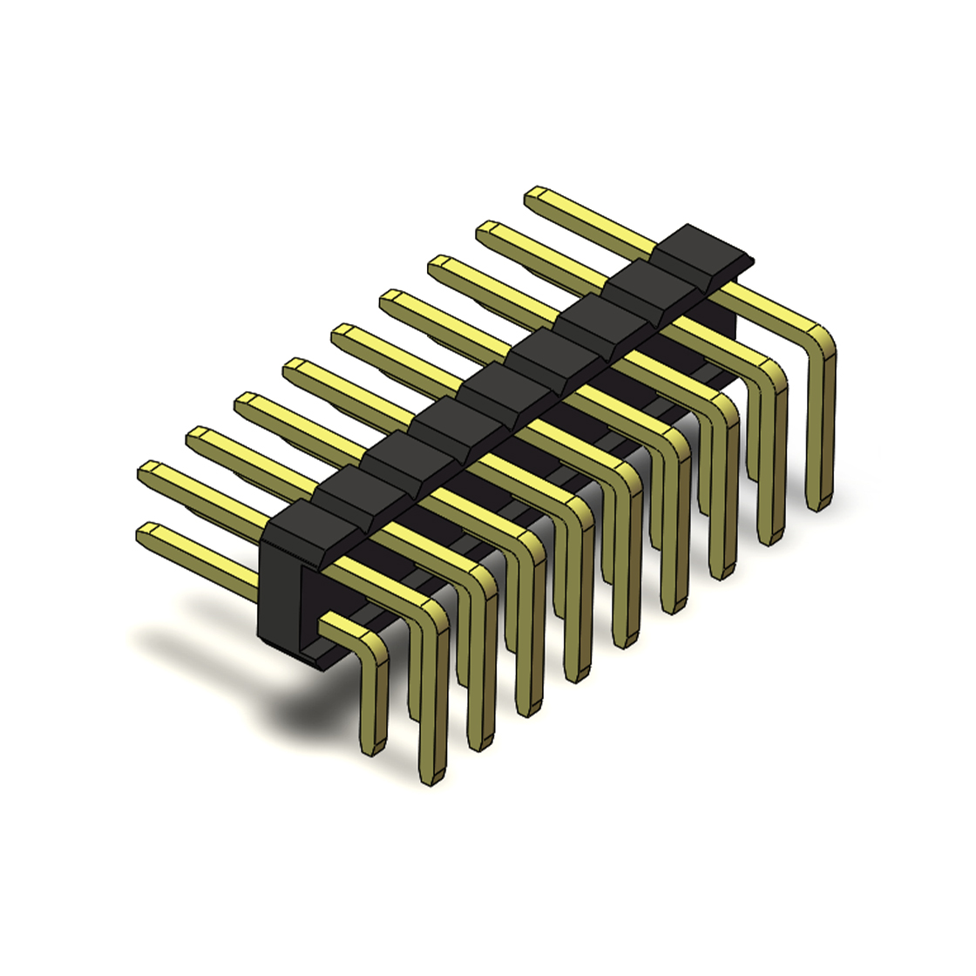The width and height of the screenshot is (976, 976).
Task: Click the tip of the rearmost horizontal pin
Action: point(535,195)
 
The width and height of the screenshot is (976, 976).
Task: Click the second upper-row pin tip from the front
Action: point(196,435)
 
